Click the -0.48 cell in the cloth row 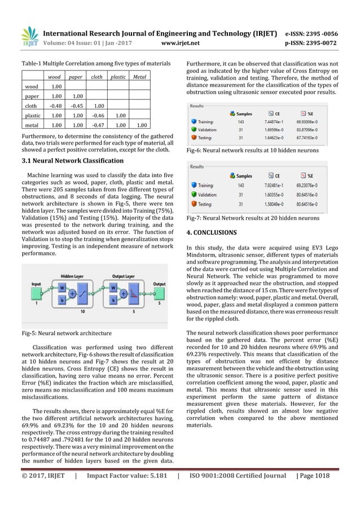pyautogui.click(x=54, y=104)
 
